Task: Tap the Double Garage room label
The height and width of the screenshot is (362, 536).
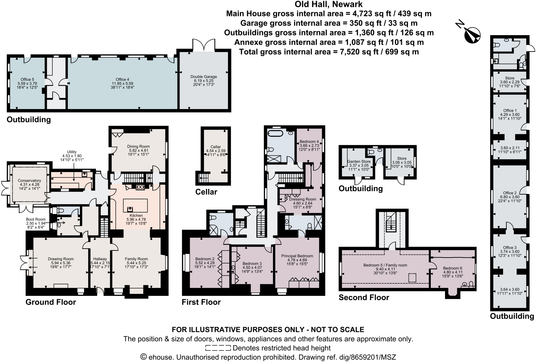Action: pyautogui.click(x=204, y=77)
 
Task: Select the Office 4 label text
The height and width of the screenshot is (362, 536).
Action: pyautogui.click(x=122, y=79)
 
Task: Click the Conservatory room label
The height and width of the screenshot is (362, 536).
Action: pyautogui.click(x=29, y=181)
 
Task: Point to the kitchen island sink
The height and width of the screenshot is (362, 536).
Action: pyautogui.click(x=130, y=209)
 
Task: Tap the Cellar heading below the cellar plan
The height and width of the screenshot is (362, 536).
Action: pyautogui.click(x=206, y=192)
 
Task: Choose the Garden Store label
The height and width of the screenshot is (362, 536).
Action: pyautogui.click(x=359, y=161)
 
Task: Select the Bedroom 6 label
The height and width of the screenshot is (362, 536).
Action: pyautogui.click(x=453, y=268)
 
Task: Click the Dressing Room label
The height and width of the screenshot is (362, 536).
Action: pyautogui.click(x=303, y=199)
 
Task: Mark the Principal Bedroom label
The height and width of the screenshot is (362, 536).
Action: pyautogui.click(x=297, y=256)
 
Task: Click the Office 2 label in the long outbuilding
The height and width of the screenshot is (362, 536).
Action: pyautogui.click(x=510, y=193)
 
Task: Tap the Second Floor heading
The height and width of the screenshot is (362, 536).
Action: pyautogui.click(x=364, y=298)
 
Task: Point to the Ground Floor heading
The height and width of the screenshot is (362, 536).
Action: pyautogui.click(x=51, y=302)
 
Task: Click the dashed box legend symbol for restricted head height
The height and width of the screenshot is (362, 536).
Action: pyautogui.click(x=218, y=348)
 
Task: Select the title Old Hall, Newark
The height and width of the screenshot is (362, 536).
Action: pyautogui.click(x=328, y=4)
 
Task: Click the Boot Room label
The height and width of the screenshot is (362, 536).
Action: pyautogui.click(x=36, y=219)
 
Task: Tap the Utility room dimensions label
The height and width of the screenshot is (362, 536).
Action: pyautogui.click(x=72, y=156)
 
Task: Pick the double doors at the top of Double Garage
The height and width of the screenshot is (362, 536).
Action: pyautogui.click(x=204, y=45)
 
